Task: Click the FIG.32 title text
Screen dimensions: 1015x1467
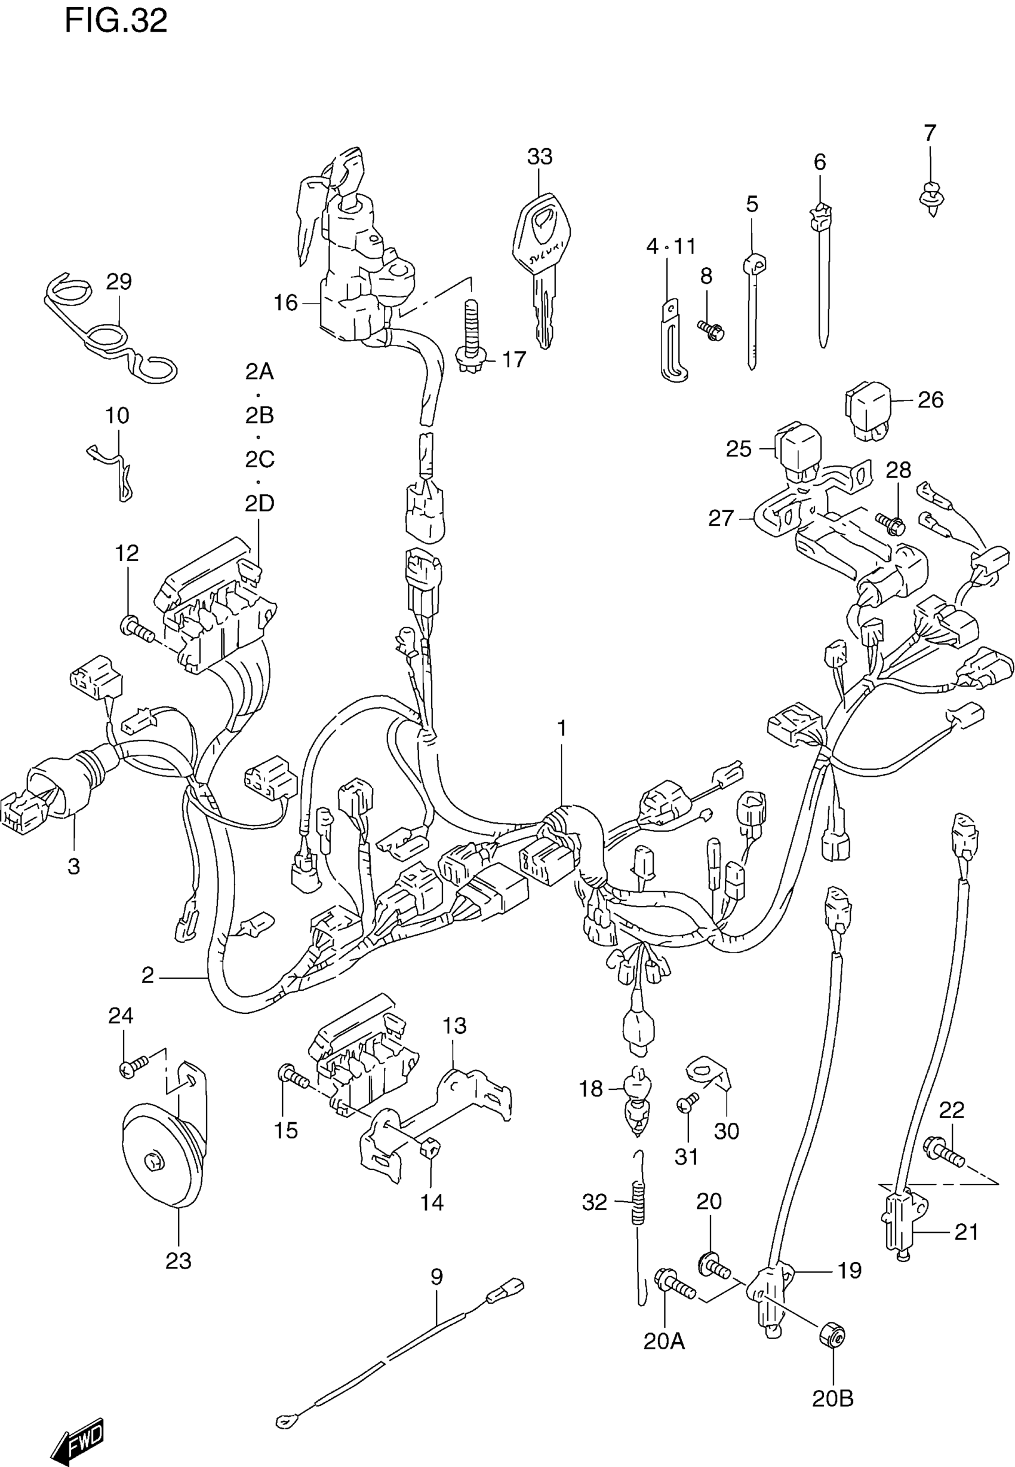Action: point(116,22)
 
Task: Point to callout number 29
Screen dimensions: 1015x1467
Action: point(119,281)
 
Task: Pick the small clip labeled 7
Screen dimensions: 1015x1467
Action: point(931,195)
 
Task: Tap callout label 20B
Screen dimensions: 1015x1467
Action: point(832,1399)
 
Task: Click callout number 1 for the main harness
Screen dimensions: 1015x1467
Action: point(562,727)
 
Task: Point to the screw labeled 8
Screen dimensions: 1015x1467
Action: point(711,330)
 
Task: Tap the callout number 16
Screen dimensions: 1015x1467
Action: point(285,304)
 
